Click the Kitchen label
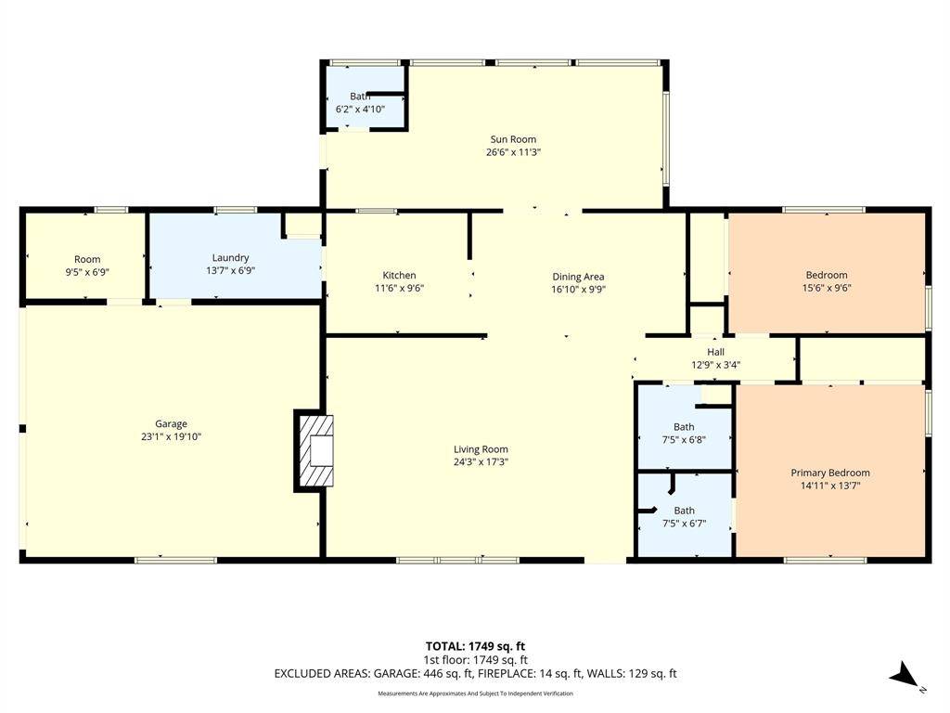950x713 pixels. click(399, 275)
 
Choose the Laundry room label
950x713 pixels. click(230, 257)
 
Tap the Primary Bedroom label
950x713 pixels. click(829, 473)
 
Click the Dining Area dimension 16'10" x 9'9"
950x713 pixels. click(578, 289)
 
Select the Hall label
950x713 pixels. click(715, 352)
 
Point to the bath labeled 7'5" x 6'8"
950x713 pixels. click(684, 433)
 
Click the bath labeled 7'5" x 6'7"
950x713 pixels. click(684, 516)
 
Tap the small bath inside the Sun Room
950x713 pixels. click(360, 102)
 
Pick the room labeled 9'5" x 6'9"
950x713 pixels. click(87, 266)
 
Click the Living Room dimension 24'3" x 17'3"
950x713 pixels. click(481, 461)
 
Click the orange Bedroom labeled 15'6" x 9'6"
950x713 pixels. click(826, 280)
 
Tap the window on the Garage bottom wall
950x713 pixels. click(175, 560)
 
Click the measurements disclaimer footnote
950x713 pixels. click(475, 694)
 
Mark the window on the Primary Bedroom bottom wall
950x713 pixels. click(825, 560)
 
